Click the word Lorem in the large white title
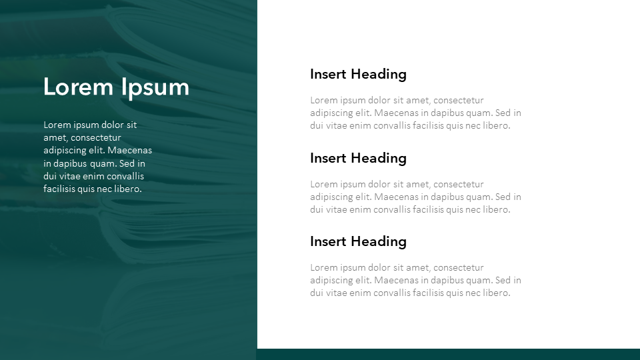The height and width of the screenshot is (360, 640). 78,87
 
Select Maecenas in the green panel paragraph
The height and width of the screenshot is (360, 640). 129,150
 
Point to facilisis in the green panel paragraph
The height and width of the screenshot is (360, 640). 59,189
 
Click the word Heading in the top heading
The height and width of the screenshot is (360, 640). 379,75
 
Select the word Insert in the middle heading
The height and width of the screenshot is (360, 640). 328,158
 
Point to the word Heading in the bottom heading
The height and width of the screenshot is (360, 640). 379,242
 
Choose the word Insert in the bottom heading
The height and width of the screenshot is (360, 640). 328,241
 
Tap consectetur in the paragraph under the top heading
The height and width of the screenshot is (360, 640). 459,100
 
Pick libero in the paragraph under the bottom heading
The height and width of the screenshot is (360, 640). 497,293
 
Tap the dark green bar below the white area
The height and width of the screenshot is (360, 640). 448,354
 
